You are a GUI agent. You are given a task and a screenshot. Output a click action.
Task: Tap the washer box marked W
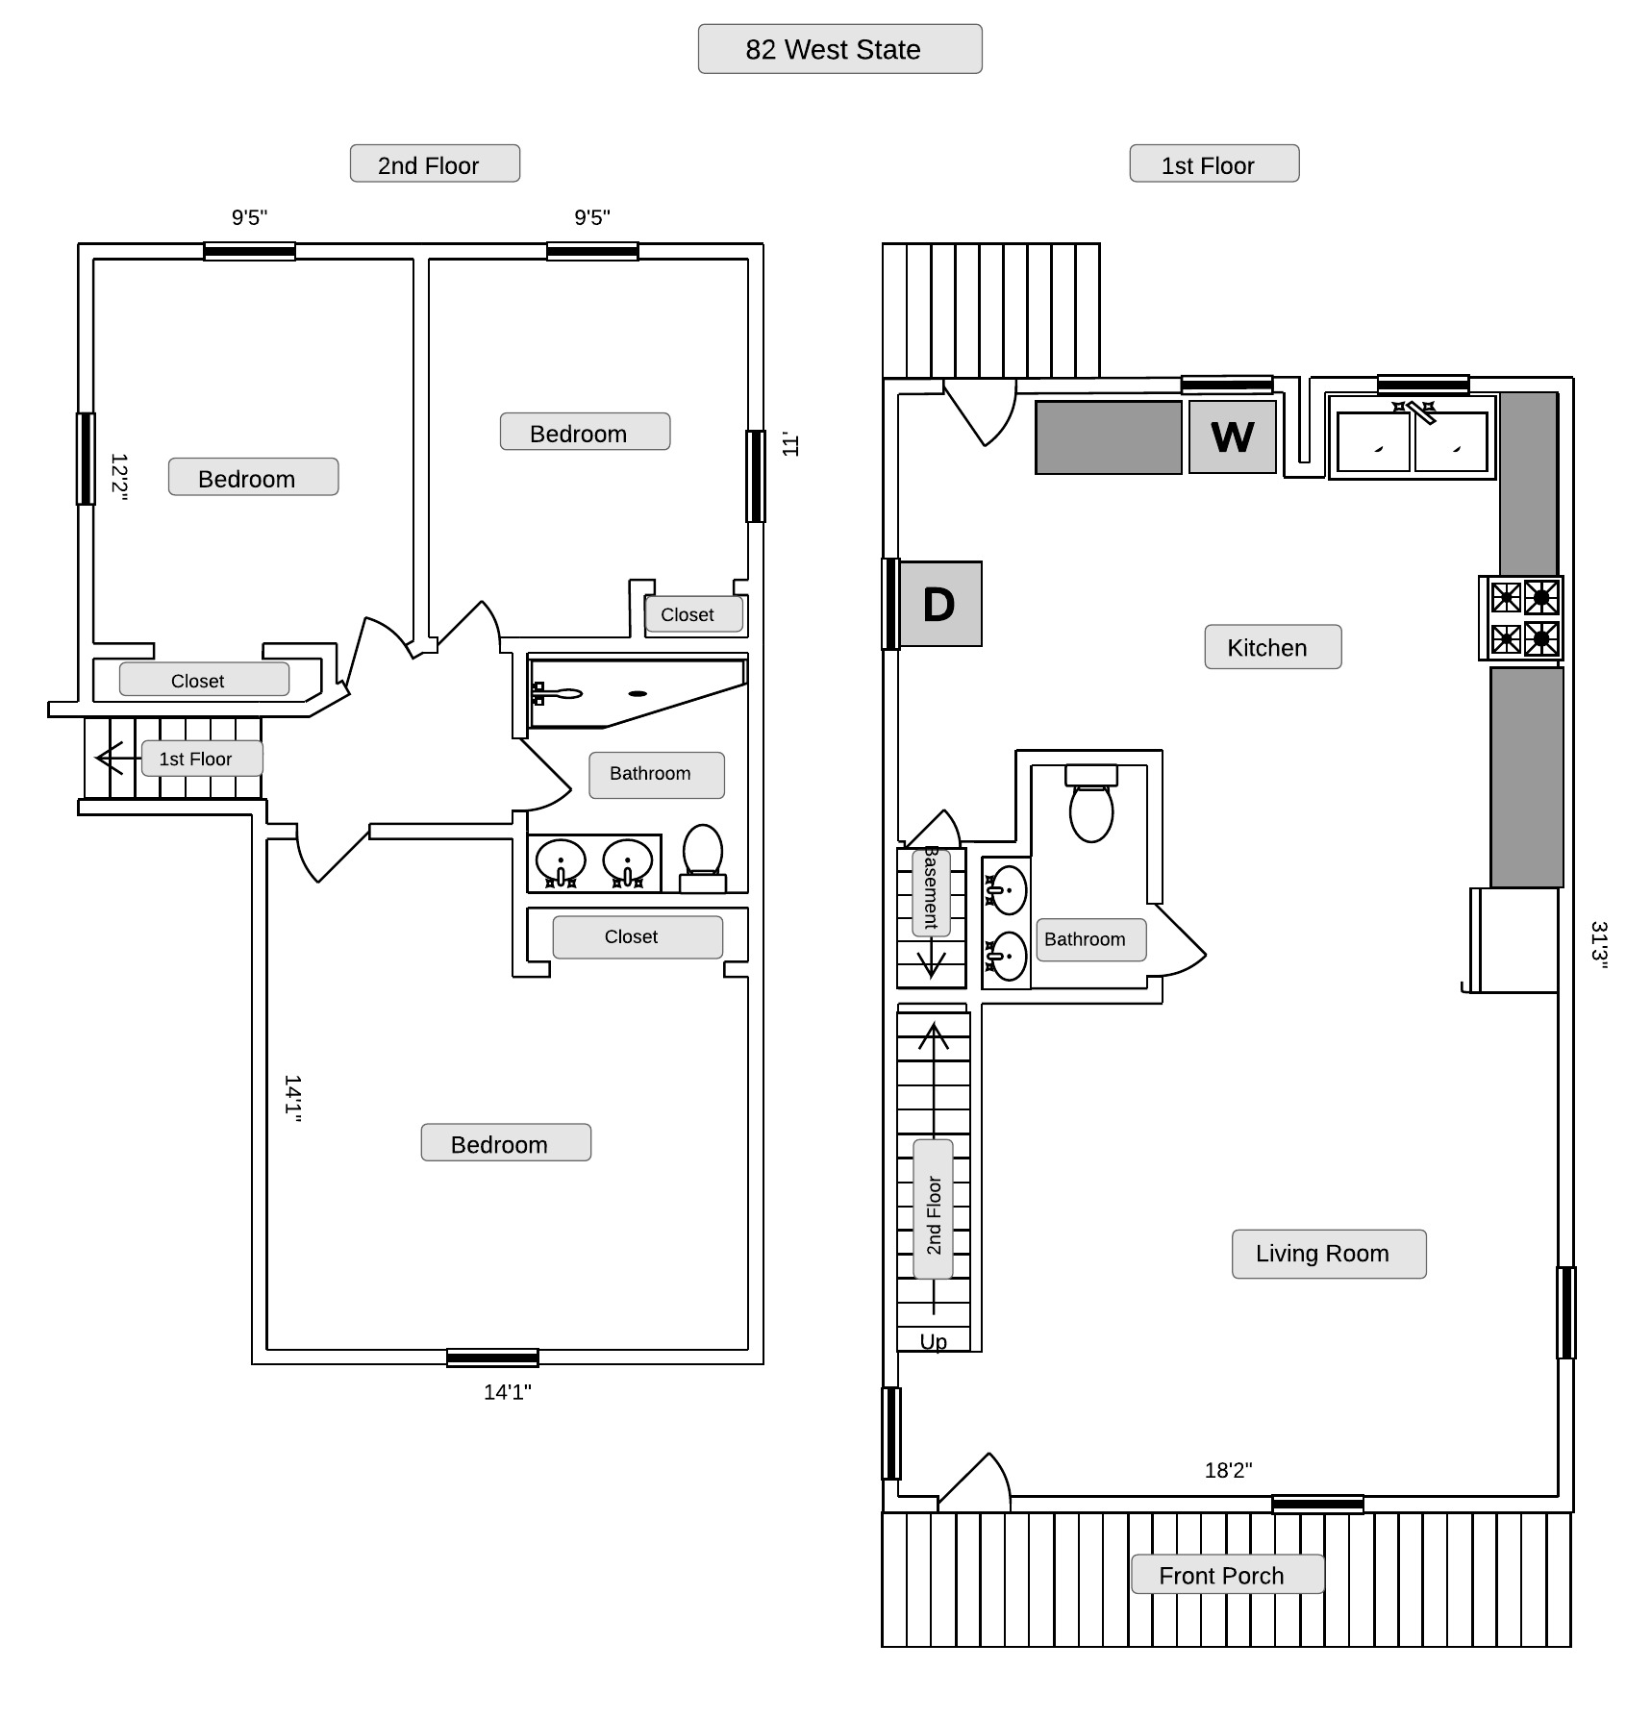[1233, 437]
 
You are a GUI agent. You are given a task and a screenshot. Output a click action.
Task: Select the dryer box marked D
[939, 604]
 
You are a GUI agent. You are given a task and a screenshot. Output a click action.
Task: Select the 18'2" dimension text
[1228, 1470]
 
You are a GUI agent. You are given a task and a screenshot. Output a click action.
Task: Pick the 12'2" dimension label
[119, 477]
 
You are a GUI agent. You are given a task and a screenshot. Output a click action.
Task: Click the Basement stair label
[931, 891]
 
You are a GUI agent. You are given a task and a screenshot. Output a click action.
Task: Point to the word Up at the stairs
[933, 1342]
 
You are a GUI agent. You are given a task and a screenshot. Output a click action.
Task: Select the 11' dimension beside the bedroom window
[790, 444]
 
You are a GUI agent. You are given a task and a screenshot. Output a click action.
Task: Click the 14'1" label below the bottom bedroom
[507, 1392]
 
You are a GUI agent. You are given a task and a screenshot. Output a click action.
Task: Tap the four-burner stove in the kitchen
[1522, 618]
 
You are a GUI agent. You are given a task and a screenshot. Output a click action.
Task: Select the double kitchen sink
[1413, 438]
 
